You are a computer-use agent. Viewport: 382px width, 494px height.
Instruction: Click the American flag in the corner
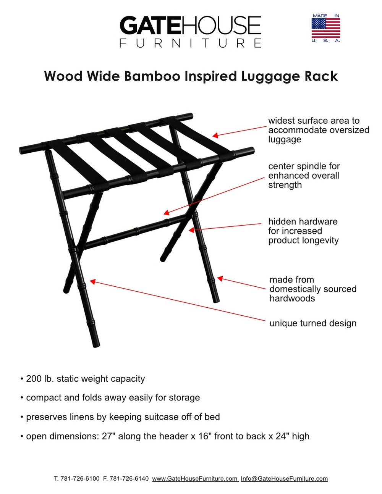click(325, 28)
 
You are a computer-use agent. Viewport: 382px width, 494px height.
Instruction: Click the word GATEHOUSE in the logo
click(190, 25)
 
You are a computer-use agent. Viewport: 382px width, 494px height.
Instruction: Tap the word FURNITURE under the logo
click(190, 43)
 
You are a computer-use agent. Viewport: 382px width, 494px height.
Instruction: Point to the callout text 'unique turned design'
click(313, 323)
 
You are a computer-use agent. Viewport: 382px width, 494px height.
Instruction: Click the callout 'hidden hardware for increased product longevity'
click(303, 231)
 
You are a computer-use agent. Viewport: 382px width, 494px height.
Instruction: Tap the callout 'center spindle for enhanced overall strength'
click(304, 176)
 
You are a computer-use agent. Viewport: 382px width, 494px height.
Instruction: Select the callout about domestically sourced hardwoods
click(313, 289)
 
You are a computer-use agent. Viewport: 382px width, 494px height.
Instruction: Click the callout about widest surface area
click(319, 130)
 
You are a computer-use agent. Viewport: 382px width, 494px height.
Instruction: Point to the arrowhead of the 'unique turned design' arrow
click(93, 282)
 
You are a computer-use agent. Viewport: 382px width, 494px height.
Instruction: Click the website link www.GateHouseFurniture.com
click(195, 478)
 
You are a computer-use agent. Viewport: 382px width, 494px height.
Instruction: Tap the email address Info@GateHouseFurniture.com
click(284, 478)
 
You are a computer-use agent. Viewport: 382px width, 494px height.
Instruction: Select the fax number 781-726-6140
click(129, 478)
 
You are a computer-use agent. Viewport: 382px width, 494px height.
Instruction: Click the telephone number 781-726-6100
click(80, 478)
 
